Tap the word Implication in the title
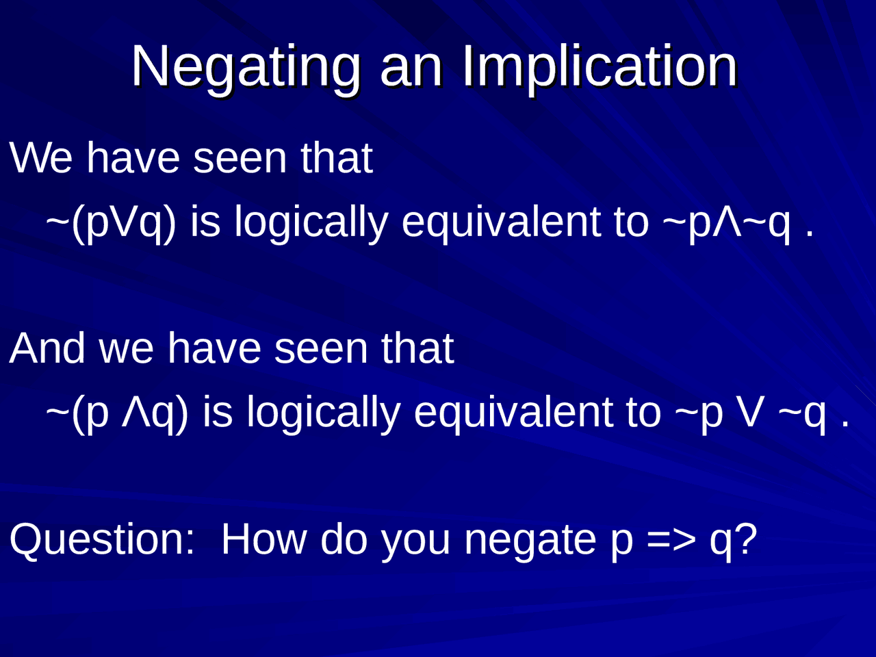600,66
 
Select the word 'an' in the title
411,66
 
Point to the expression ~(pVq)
111,222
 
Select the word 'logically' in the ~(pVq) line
311,222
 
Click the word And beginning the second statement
47,348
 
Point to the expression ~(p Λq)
117,412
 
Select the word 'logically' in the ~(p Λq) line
323,412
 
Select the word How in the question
263,539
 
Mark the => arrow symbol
671,539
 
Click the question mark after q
747,539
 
